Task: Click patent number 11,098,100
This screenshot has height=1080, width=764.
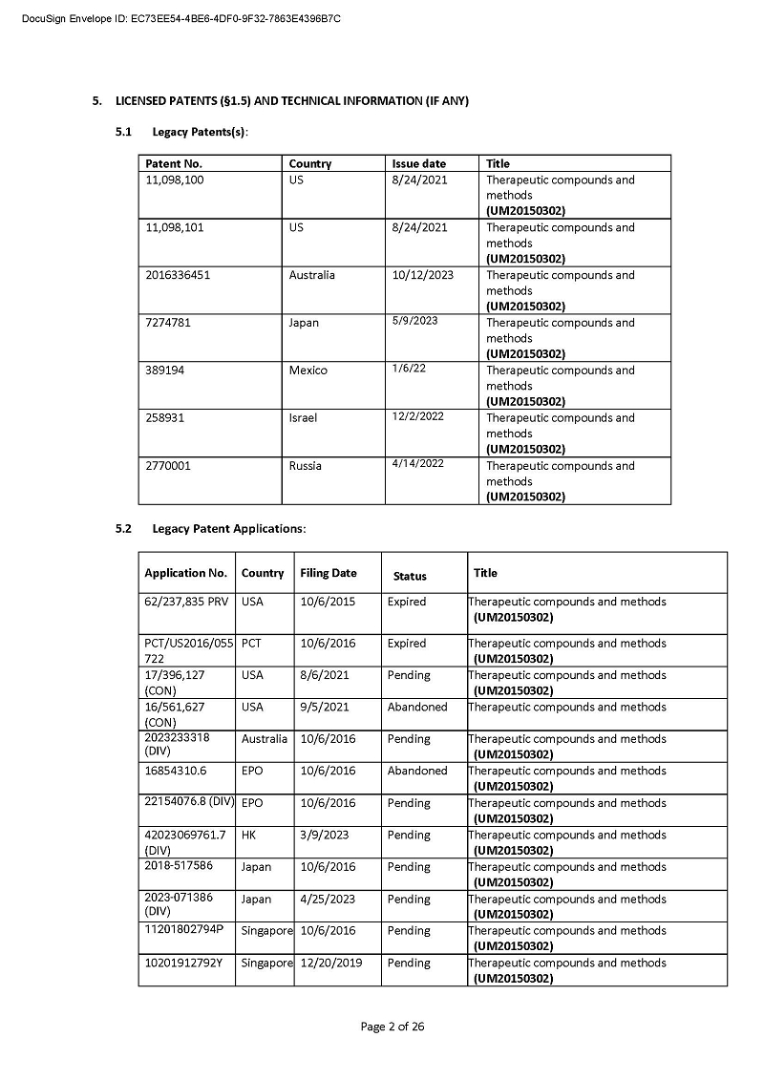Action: (x=174, y=180)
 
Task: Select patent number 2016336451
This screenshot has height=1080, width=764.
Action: (x=178, y=276)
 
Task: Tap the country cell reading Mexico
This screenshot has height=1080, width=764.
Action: (x=308, y=371)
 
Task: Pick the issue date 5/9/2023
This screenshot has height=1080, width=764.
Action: (x=414, y=321)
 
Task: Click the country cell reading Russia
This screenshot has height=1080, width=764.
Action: (x=305, y=466)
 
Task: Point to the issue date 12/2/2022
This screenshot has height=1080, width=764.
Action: (x=417, y=416)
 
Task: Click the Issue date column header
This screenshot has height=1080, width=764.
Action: (x=418, y=163)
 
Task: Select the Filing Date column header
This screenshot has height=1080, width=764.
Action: (x=328, y=573)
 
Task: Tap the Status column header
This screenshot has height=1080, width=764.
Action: (x=410, y=577)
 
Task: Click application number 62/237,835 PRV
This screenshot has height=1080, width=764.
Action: (x=186, y=603)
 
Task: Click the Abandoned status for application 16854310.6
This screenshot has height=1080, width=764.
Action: (x=416, y=771)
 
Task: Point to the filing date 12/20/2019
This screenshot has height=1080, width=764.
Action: (x=330, y=963)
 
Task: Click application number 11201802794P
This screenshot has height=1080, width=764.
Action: (x=183, y=930)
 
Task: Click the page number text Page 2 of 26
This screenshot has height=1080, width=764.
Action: (x=392, y=1027)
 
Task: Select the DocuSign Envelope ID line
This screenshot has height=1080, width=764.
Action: (x=180, y=19)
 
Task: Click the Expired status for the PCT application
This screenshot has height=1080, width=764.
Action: (x=407, y=644)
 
